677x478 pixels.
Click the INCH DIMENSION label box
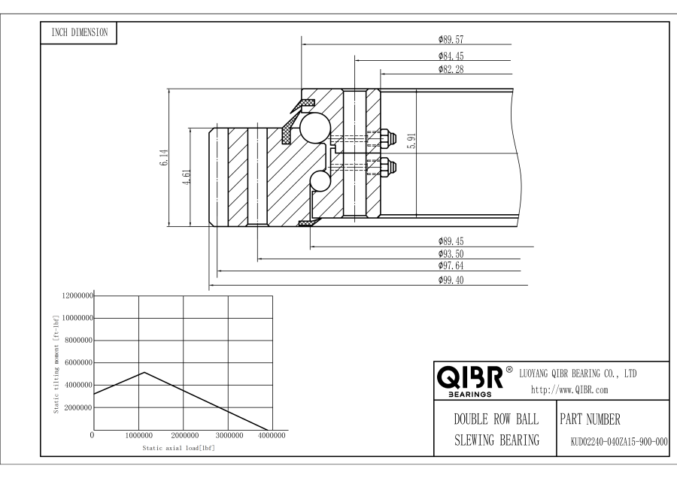[79, 32]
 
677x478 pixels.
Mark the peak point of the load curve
[144, 372]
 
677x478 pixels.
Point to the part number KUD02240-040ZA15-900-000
[614, 441]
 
